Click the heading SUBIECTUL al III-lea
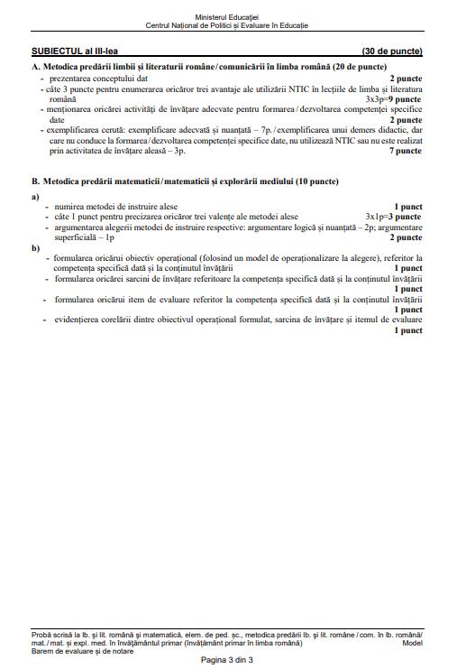[x=70, y=51]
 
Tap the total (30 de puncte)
[x=391, y=51]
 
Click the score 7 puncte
[x=406, y=151]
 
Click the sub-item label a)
[x=35, y=196]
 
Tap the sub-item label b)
[x=35, y=247]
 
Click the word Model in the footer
[x=413, y=644]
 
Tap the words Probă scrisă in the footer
[x=52, y=636]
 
